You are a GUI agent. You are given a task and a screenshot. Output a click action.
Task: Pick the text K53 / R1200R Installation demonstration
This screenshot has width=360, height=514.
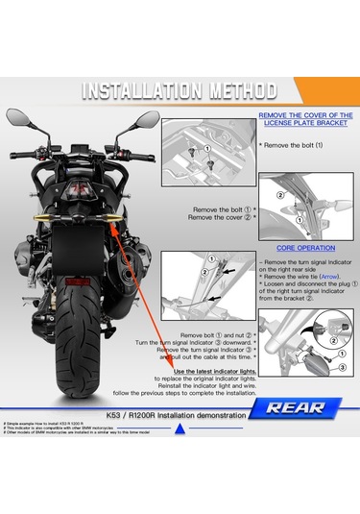coord(165,407)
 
